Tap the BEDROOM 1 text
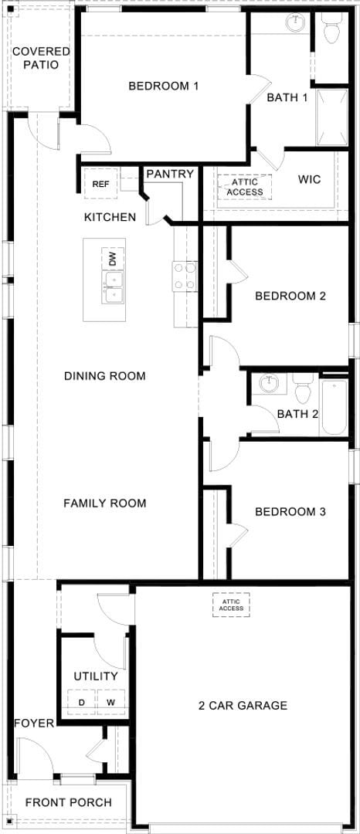[164, 86]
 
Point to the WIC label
[309, 179]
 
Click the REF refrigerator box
[100, 184]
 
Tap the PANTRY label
[170, 174]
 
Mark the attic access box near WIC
[245, 187]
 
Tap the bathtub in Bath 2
[335, 407]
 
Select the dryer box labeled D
[82, 702]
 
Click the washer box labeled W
[110, 702]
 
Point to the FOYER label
[34, 723]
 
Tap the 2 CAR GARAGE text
[243, 705]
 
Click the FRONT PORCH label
[68, 802]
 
